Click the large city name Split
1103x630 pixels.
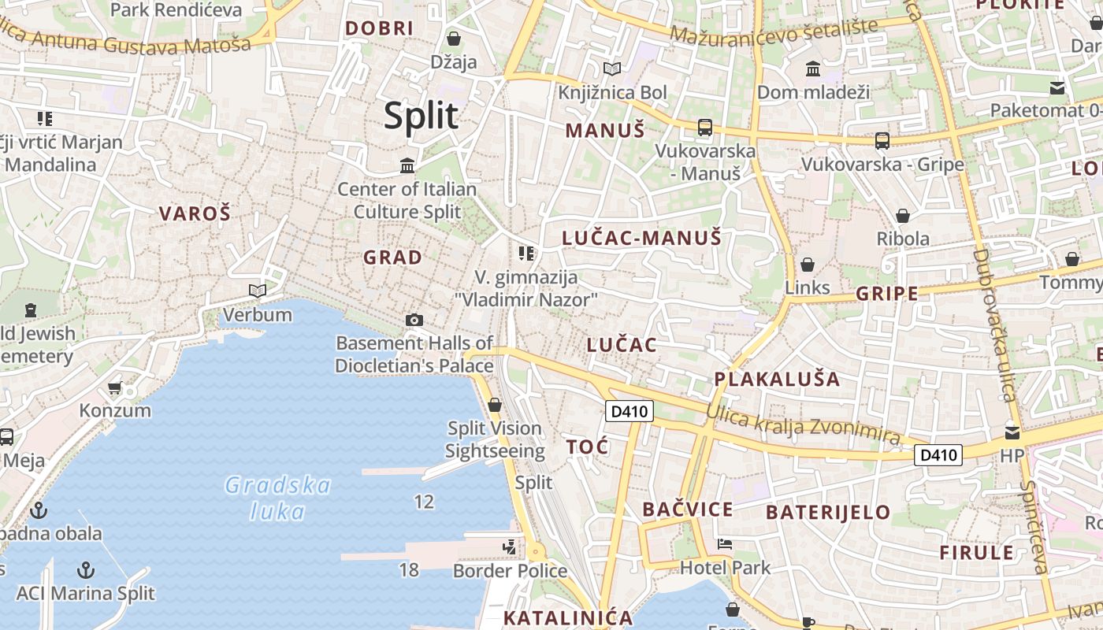pyautogui.click(x=421, y=116)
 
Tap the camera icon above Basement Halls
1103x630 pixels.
pyautogui.click(x=414, y=320)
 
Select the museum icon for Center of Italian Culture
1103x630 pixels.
pyautogui.click(x=407, y=165)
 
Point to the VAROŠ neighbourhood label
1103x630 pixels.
pyautogui.click(x=195, y=213)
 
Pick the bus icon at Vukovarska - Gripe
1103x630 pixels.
pyautogui.click(x=882, y=141)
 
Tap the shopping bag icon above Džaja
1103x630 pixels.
pyautogui.click(x=454, y=39)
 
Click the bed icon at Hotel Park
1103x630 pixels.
pyautogui.click(x=725, y=544)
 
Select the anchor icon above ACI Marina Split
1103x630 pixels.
pyautogui.click(x=85, y=569)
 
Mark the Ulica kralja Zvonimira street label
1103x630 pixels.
pyautogui.click(x=803, y=424)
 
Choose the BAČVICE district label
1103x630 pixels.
pyautogui.click(x=688, y=510)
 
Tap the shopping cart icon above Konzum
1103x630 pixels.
pyautogui.click(x=114, y=387)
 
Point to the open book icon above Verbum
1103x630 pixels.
pyautogui.click(x=257, y=291)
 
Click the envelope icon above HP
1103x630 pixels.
pyautogui.click(x=1012, y=432)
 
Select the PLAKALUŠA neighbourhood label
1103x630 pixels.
pyautogui.click(x=777, y=379)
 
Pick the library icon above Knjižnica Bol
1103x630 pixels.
pyautogui.click(x=612, y=69)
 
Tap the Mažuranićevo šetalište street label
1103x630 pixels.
pyautogui.click(x=774, y=32)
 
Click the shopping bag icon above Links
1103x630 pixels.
pyautogui.click(x=807, y=265)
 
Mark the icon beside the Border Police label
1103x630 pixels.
pyautogui.click(x=510, y=546)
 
